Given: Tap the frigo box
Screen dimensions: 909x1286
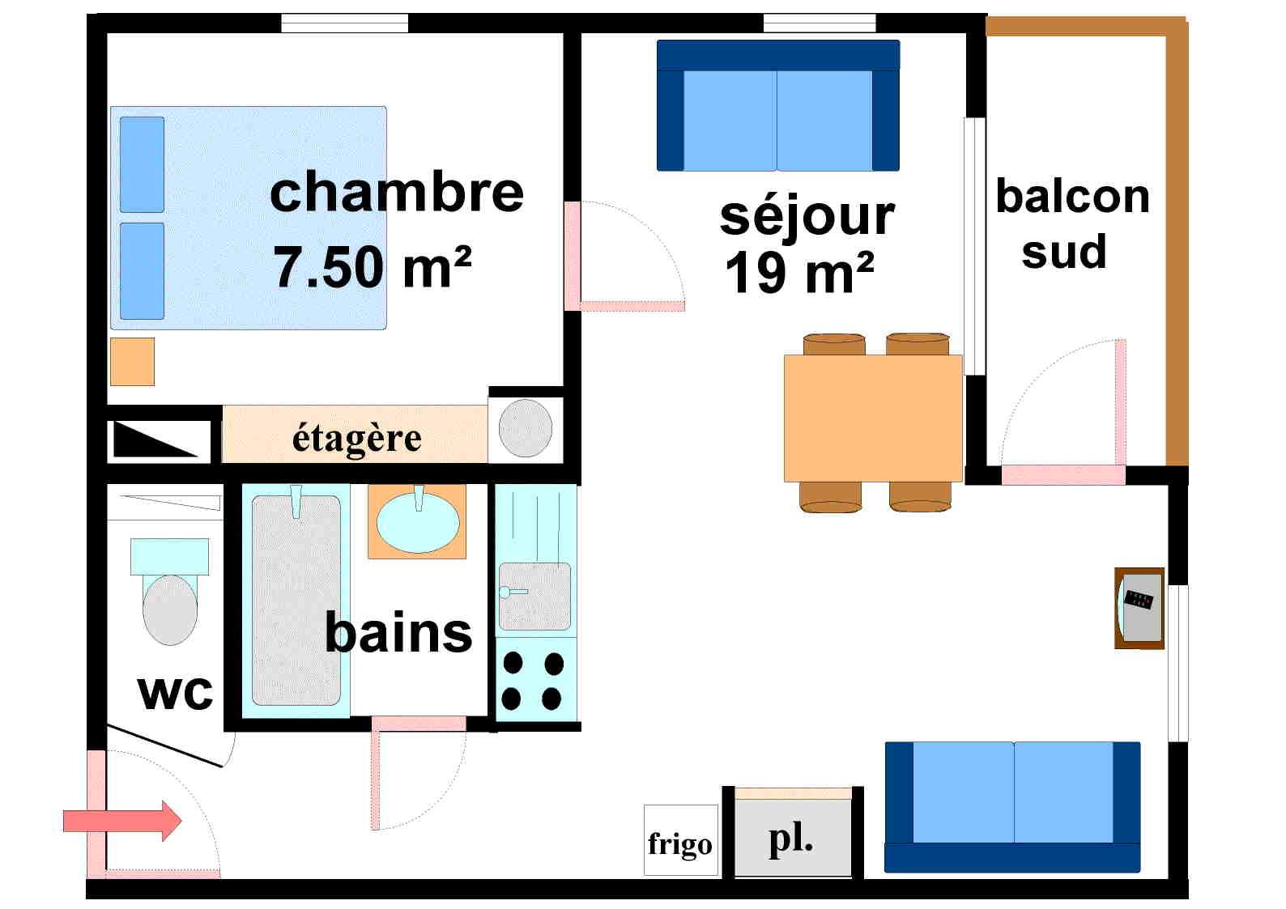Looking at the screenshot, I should [680, 842].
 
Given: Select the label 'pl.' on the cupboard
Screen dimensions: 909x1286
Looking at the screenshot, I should [791, 839].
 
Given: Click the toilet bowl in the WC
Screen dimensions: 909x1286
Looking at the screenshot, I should [170, 609].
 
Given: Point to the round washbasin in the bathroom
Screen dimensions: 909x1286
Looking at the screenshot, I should [418, 522].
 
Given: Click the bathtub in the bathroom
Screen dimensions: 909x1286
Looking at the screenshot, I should [296, 599].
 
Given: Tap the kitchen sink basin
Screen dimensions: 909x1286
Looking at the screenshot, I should [534, 597].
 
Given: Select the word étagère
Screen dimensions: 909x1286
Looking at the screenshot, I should [356, 438].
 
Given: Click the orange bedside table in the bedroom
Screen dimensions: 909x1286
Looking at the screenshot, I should [132, 361].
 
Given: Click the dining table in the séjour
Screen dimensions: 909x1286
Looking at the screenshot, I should [872, 418].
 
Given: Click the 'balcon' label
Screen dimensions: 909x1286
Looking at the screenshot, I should [1072, 197].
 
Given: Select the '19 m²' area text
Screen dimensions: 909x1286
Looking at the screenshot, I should [799, 273].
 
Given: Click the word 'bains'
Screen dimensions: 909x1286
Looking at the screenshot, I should [398, 632].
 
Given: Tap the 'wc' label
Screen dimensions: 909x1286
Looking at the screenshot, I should [176, 692].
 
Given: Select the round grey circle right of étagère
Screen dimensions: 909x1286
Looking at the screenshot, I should [526, 427].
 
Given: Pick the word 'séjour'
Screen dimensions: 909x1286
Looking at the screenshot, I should [807, 216].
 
